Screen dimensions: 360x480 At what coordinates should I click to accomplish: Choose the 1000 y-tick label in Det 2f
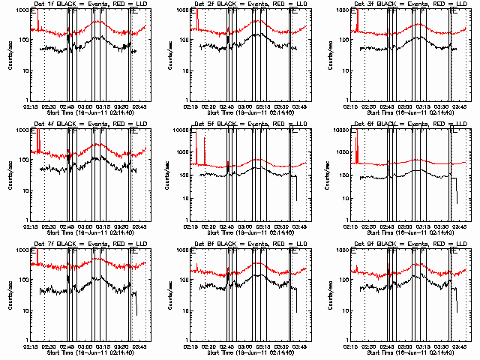[182, 10]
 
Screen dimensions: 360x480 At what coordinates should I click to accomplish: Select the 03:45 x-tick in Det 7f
[139, 346]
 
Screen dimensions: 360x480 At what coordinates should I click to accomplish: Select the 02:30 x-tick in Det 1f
[49, 106]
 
